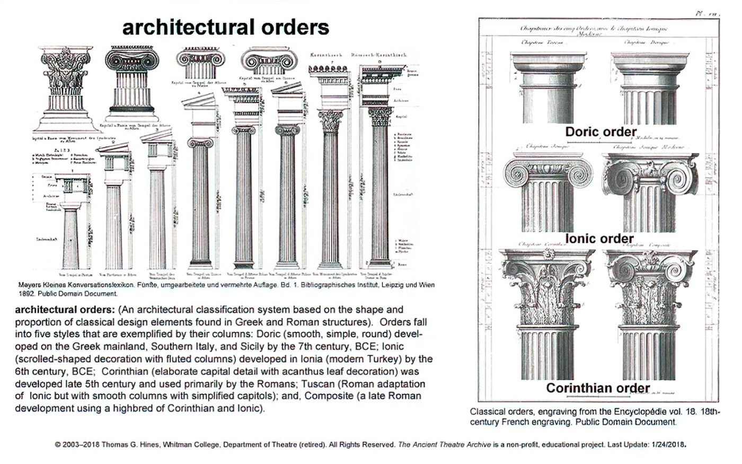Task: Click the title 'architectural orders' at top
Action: pyautogui.click(x=225, y=28)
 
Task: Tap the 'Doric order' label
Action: pyautogui.click(x=600, y=132)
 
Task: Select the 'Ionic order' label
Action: pyautogui.click(x=599, y=239)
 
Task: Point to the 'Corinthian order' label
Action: pyautogui.click(x=598, y=388)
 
